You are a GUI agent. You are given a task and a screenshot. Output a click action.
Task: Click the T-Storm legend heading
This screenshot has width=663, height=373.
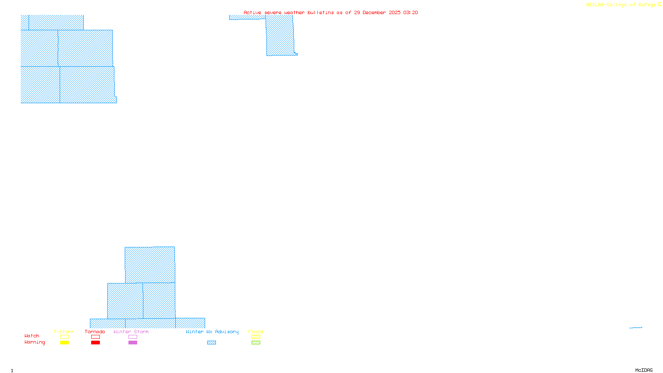click(64, 332)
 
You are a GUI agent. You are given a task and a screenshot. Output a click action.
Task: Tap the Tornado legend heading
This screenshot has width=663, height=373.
click(95, 332)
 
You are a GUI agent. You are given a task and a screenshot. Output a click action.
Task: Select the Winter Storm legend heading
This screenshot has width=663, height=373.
click(131, 332)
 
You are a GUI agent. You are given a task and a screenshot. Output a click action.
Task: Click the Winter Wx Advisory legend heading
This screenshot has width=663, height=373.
click(212, 332)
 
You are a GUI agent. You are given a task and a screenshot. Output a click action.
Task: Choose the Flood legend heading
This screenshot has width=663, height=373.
click(256, 332)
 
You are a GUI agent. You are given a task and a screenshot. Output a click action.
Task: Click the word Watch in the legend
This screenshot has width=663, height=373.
click(32, 336)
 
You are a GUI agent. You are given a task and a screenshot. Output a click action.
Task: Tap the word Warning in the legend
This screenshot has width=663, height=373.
click(35, 342)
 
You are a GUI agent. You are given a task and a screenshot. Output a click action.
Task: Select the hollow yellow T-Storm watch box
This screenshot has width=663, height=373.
click(64, 337)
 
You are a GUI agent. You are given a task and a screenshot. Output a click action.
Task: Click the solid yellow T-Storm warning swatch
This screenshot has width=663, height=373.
click(64, 343)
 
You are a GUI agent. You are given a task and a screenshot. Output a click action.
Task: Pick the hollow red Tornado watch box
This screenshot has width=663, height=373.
click(95, 337)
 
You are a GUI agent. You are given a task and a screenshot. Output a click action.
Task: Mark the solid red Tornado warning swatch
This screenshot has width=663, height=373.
click(95, 343)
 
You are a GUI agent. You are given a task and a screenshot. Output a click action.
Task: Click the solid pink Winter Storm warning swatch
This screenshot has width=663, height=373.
click(133, 343)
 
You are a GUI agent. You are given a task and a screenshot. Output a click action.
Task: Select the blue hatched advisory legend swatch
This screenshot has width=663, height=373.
click(211, 343)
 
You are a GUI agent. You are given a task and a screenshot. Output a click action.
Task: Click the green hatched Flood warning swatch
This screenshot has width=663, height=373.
click(256, 343)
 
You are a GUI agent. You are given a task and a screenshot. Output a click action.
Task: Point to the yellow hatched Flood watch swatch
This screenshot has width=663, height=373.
click(256, 337)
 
